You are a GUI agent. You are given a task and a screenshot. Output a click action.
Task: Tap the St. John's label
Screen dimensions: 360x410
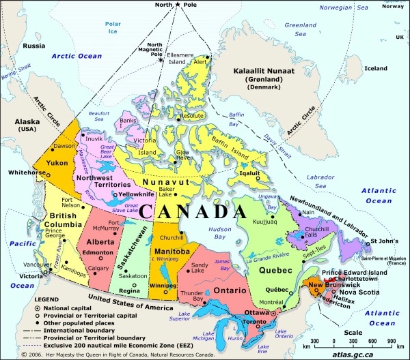383,241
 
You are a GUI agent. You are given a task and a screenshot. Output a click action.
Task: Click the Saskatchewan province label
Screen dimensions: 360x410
124,258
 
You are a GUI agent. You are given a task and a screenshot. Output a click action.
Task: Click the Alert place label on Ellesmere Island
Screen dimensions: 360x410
200,61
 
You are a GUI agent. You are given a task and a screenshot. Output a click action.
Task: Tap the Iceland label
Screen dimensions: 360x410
375,68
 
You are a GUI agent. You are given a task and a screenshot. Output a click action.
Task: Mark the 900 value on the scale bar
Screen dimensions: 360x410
392,339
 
